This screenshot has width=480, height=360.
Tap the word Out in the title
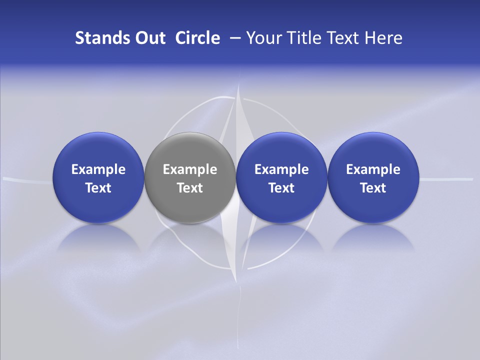(148, 38)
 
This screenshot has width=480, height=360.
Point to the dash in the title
(234, 38)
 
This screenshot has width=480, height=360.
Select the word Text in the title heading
(344, 38)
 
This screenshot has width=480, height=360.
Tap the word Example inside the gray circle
(190, 169)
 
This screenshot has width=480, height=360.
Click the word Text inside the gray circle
(190, 188)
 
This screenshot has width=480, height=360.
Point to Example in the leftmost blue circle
(98, 169)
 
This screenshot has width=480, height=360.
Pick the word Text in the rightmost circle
(373, 188)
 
